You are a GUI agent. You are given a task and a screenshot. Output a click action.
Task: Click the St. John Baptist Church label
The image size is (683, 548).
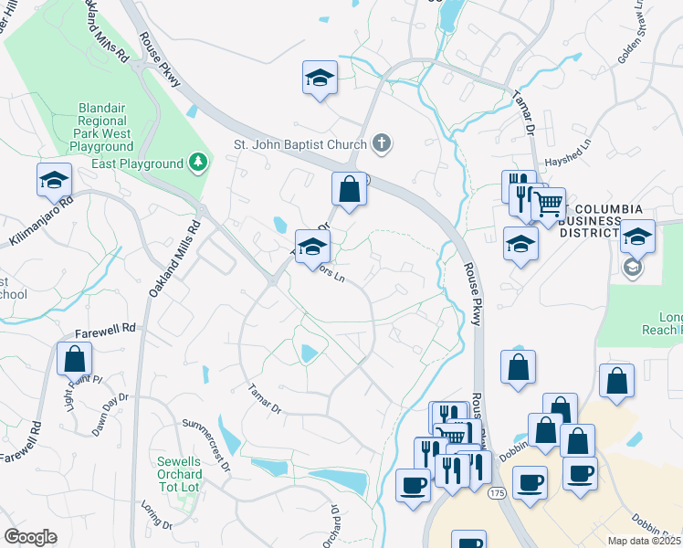tap(300, 143)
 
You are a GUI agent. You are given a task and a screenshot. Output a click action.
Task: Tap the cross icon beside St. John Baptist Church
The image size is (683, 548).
tap(383, 143)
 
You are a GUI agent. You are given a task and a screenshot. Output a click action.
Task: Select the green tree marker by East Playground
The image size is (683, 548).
tap(198, 163)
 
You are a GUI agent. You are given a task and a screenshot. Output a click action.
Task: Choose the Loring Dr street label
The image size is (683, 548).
tap(157, 513)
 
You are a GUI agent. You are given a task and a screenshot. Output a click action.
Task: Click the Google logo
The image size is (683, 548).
tap(30, 537)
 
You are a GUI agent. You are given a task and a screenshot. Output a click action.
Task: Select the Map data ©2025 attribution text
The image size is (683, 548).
tap(645, 541)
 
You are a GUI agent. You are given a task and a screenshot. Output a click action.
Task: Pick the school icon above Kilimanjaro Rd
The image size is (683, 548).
tap(54, 179)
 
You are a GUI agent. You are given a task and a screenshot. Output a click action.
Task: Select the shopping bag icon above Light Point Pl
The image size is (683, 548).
tap(74, 357)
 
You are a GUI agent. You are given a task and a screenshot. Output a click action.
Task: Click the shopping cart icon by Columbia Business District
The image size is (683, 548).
tap(548, 204)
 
